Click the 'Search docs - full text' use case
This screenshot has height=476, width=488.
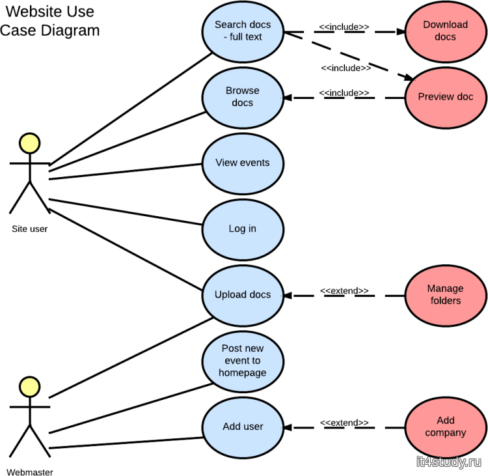pyautogui.click(x=243, y=31)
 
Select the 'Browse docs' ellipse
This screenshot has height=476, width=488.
pyautogui.click(x=243, y=97)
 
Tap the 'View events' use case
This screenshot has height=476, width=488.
pyautogui.click(x=243, y=163)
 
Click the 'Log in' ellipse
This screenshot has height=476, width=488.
pyautogui.click(x=243, y=229)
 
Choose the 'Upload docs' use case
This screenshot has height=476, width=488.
pyautogui.click(x=243, y=295)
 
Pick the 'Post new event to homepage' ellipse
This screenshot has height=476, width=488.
pyautogui.click(x=243, y=361)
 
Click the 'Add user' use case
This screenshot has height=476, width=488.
pyautogui.click(x=243, y=427)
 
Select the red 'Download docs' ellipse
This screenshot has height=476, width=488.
pyautogui.click(x=446, y=31)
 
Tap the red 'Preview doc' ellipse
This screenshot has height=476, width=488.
pyautogui.click(x=446, y=97)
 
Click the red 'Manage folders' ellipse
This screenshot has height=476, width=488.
pyautogui.click(x=446, y=295)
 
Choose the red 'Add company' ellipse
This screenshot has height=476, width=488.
pyautogui.click(x=446, y=427)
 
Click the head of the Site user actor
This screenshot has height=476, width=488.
pyautogui.click(x=29, y=143)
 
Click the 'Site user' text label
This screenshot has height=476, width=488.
pyautogui.click(x=29, y=229)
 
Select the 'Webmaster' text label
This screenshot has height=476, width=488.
pyautogui.click(x=30, y=471)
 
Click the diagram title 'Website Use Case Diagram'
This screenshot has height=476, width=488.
pyautogui.click(x=50, y=21)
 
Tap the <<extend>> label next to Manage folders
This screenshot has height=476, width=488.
pyautogui.click(x=344, y=290)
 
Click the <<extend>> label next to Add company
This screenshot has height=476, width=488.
pyautogui.click(x=344, y=423)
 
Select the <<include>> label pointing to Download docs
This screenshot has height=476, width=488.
pyautogui.click(x=344, y=27)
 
